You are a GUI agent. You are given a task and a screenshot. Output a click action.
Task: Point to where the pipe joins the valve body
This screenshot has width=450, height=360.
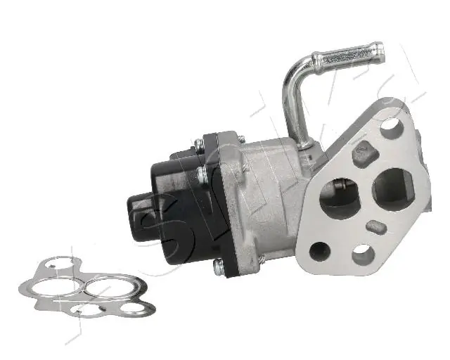click(304, 144)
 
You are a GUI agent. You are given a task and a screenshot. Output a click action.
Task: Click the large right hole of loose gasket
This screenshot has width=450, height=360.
click(101, 288)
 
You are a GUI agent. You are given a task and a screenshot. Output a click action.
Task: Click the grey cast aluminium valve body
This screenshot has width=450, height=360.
click(267, 197)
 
